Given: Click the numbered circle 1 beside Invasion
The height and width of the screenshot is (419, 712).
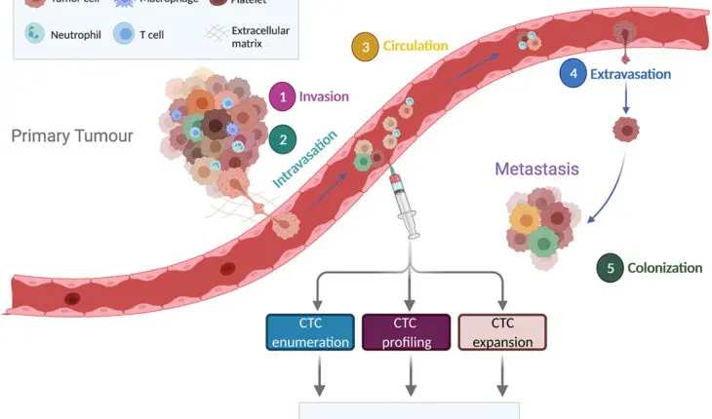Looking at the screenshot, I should pos(283,96).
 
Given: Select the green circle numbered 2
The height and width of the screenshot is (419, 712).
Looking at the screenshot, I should pos(283,139).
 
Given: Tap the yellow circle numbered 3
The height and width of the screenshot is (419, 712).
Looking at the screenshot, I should pos(365,47).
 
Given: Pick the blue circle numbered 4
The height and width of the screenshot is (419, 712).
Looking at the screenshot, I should pos(573,72).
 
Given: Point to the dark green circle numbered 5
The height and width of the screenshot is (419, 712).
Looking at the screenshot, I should pos(611,268).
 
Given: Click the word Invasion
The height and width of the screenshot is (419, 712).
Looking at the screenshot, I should pos(324,96).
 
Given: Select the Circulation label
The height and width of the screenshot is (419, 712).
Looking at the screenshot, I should pos(415,46).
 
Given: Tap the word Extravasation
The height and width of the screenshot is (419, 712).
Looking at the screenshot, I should pos(635,72).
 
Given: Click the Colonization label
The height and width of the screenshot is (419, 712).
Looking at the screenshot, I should pos(665,268).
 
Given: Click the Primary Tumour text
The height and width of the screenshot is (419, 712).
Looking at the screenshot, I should pos(71,135).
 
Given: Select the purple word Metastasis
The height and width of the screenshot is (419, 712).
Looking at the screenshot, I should pos(536,169).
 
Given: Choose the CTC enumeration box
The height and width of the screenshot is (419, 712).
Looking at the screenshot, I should pos(309,331).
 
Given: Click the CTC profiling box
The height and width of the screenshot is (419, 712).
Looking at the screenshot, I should pos(406,331).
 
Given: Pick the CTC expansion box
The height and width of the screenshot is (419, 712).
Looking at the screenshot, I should pos(502,331).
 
